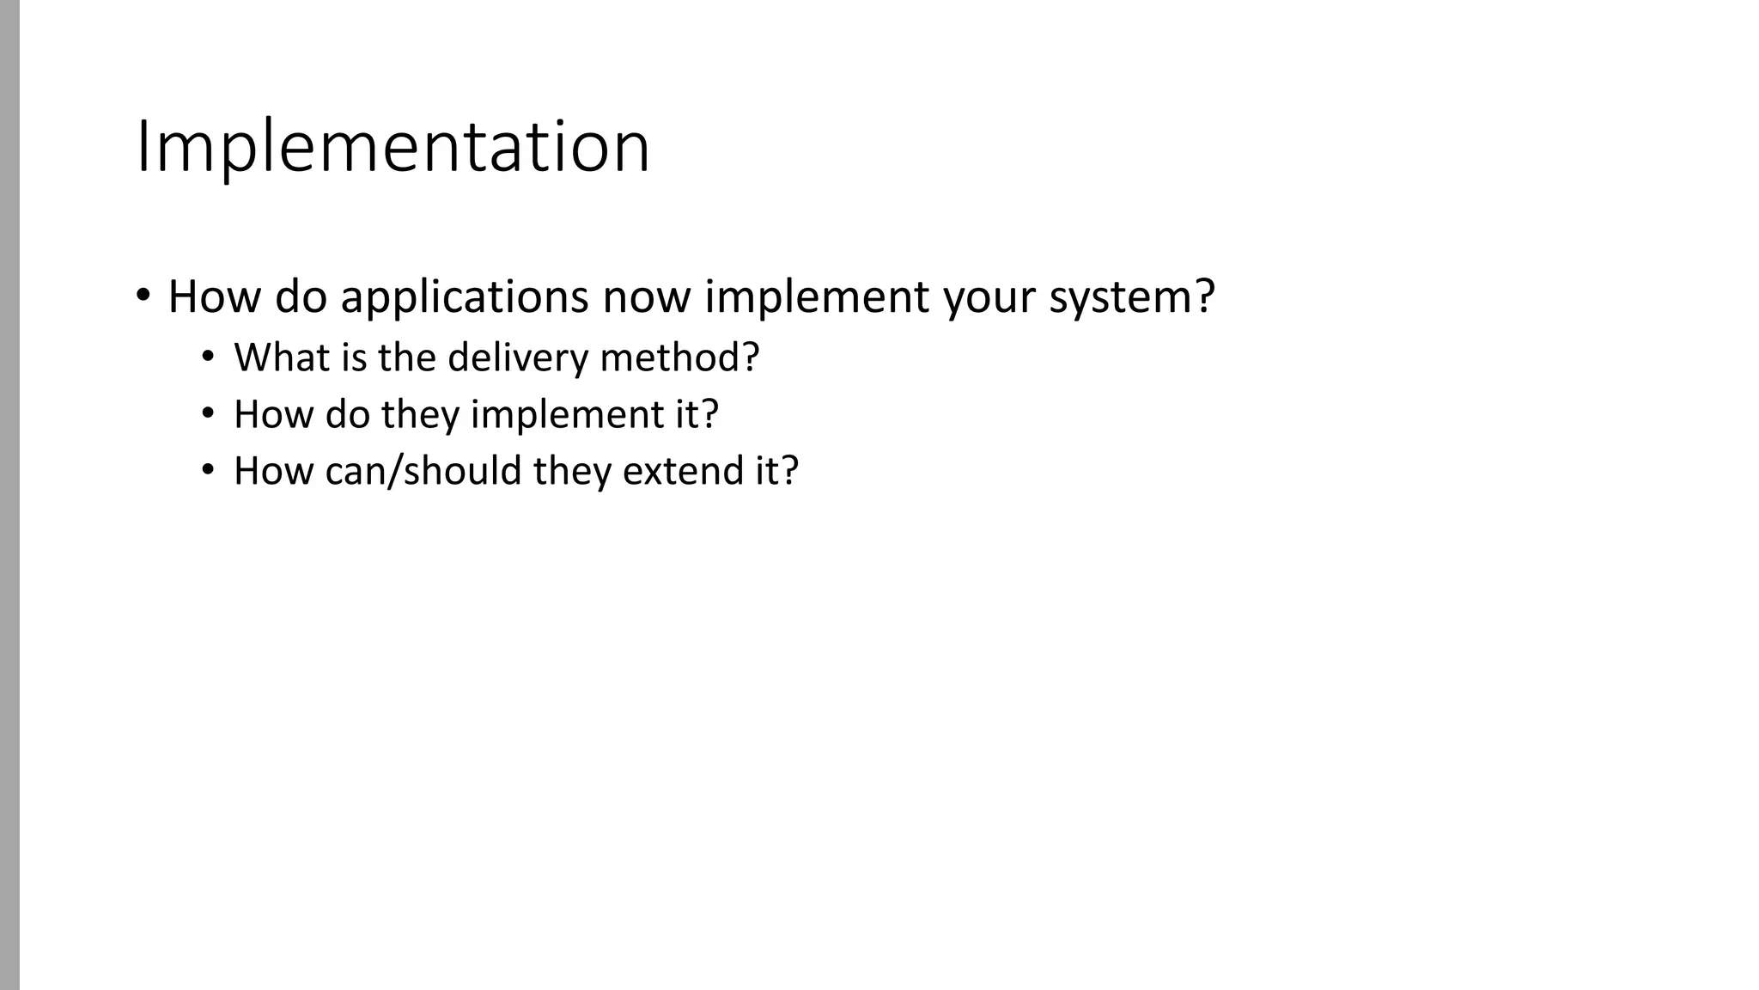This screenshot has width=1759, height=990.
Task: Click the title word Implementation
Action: tap(393, 148)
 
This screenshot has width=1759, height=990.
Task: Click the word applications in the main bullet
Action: tap(465, 297)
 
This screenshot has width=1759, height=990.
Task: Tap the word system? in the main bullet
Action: tap(1132, 297)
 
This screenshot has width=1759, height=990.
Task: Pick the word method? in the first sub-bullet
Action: tap(679, 357)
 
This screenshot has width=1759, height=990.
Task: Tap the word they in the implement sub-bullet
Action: tap(420, 415)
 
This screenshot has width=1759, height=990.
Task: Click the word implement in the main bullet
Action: tap(817, 297)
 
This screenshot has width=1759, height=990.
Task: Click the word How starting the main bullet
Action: tap(213, 297)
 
